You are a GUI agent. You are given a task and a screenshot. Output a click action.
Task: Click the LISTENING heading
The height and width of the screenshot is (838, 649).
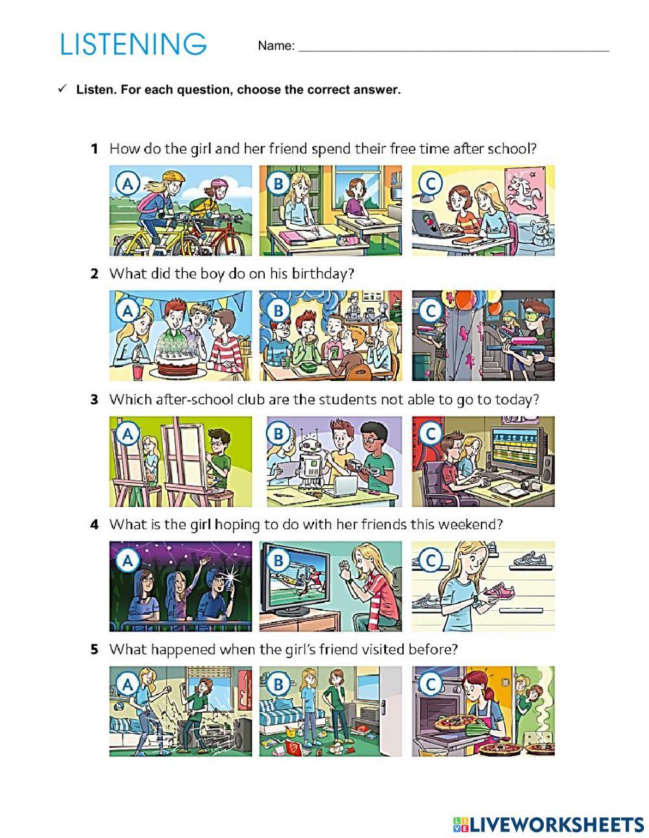tap(133, 44)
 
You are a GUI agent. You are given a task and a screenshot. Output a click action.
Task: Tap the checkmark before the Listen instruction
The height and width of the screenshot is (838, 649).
tap(63, 89)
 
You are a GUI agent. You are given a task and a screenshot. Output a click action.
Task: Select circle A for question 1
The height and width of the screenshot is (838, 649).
tap(128, 184)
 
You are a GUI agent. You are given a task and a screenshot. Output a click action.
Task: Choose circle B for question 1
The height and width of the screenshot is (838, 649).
tap(278, 184)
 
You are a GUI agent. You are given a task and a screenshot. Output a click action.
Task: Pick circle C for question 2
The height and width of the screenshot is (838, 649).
tap(429, 310)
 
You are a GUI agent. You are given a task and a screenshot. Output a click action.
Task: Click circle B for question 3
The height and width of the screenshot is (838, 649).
tap(278, 434)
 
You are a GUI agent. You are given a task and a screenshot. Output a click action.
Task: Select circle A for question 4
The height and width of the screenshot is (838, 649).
tap(128, 560)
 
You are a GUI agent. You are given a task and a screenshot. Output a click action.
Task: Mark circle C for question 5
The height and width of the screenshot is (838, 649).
tap(429, 684)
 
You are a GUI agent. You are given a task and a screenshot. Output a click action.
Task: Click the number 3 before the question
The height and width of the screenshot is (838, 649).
tap(94, 399)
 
